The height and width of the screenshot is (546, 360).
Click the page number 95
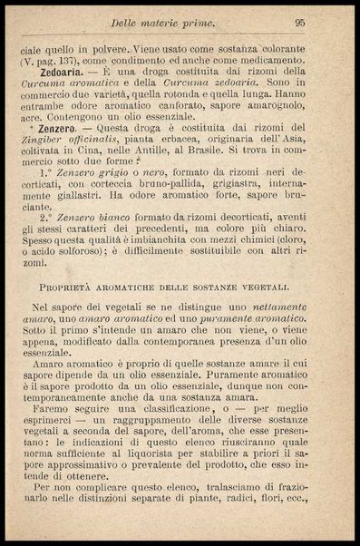pyautogui.click(x=325, y=23)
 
